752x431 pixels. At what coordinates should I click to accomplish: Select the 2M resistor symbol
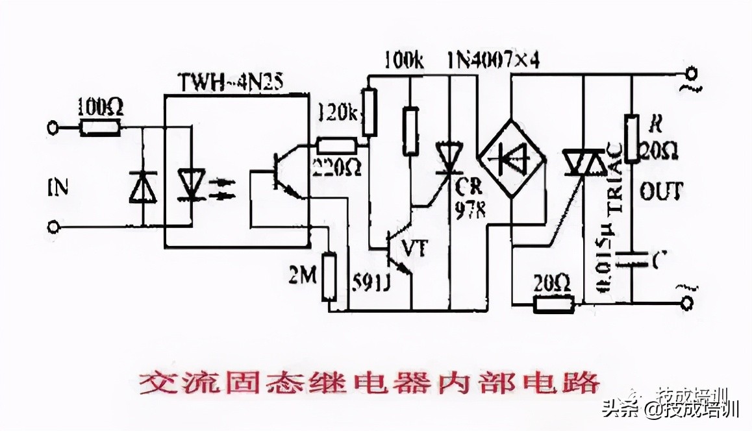click(x=331, y=277)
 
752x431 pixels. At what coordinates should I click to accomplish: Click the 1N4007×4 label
click(x=494, y=62)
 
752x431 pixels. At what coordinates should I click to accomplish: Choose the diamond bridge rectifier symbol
click(x=512, y=158)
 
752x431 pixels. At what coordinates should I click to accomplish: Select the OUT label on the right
click(x=660, y=190)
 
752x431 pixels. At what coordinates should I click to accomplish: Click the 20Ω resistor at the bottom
click(x=554, y=302)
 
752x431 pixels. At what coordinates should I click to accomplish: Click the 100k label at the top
click(x=403, y=62)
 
